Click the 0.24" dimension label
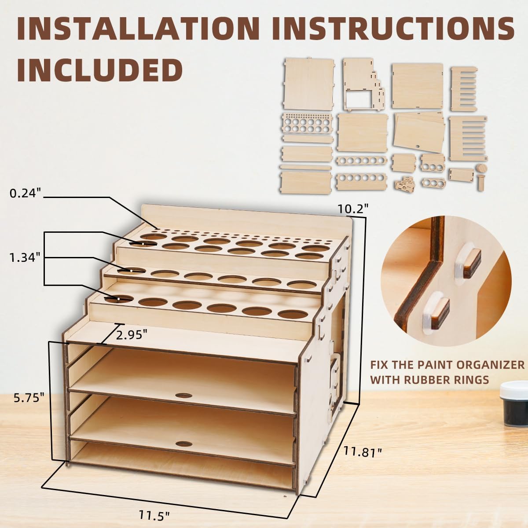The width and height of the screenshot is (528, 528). click(25, 193)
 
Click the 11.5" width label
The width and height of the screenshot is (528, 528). click(154, 515)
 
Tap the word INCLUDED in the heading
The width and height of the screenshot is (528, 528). click(100, 69)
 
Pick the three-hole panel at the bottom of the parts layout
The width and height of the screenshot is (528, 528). click(433, 182)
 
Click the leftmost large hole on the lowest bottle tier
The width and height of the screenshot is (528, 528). click(119, 299)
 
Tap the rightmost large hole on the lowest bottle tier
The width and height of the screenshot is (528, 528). click(293, 315)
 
